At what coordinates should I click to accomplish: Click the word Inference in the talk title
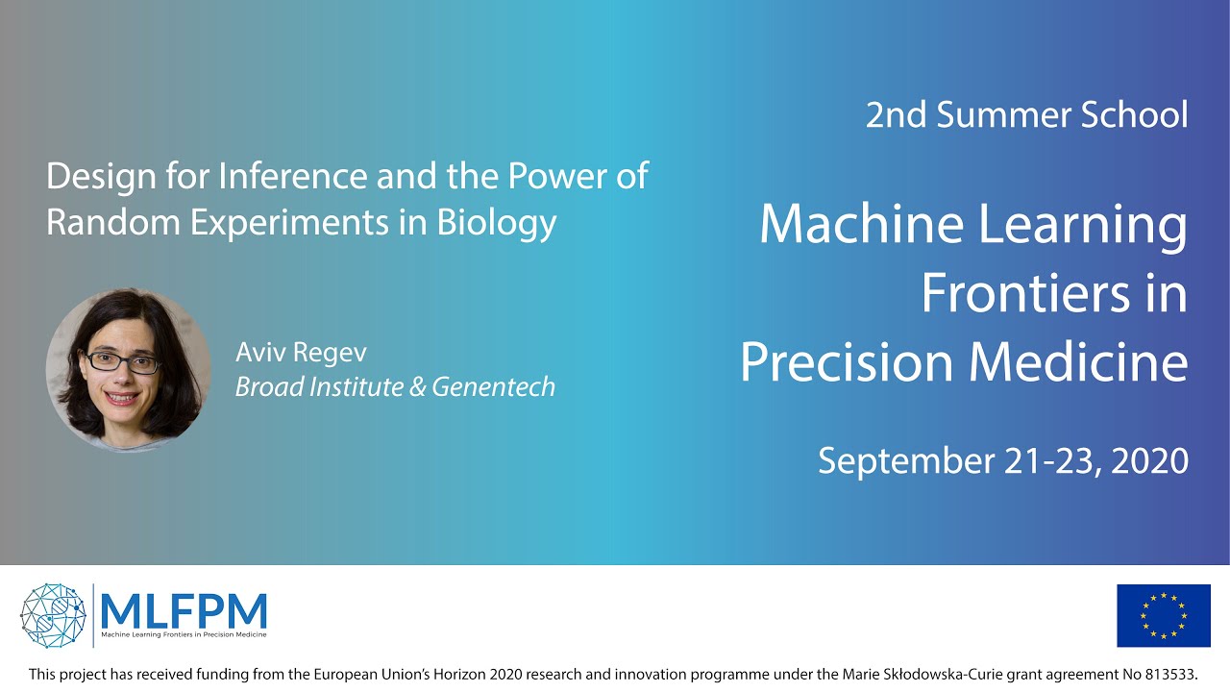click(x=293, y=176)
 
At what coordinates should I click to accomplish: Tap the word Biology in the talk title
click(x=497, y=225)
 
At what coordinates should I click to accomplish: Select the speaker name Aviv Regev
click(x=301, y=353)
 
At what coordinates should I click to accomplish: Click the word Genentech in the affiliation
click(x=494, y=387)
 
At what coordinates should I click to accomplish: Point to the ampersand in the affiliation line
click(x=417, y=386)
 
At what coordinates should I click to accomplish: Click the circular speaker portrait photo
click(x=128, y=370)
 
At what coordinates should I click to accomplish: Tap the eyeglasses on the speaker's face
click(x=122, y=361)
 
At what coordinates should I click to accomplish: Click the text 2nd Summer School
click(x=1027, y=114)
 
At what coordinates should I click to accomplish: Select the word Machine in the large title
click(x=862, y=224)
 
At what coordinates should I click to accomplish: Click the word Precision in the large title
click(x=847, y=362)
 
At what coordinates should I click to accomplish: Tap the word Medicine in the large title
click(x=1078, y=362)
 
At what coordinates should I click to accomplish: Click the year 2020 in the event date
click(x=1150, y=460)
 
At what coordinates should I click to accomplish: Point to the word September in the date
click(x=906, y=461)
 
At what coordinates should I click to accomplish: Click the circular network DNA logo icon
click(x=53, y=616)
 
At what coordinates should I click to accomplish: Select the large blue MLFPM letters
click(x=184, y=610)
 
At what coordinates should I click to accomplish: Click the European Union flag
click(x=1164, y=616)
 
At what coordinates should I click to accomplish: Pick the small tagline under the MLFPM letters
click(x=184, y=635)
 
